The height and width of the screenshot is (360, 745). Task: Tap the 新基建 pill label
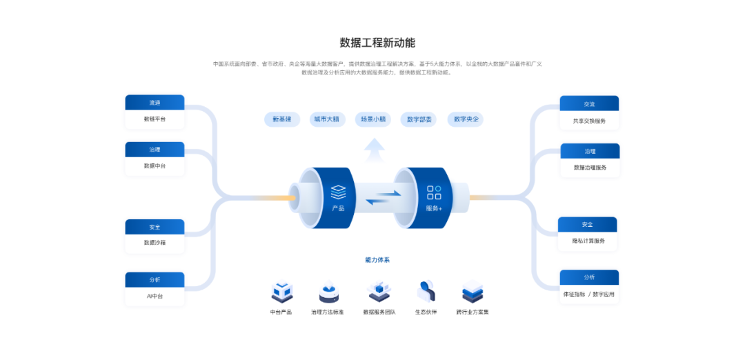[x=281, y=119]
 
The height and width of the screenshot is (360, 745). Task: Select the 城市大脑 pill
[x=327, y=119]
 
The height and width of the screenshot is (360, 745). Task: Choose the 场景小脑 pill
[x=373, y=119]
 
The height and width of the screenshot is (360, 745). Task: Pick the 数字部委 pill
[x=419, y=119]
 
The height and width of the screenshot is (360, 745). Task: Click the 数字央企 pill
[x=465, y=119]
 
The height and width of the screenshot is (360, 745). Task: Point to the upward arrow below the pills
[x=374, y=149]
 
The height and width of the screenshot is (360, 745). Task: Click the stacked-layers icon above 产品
[x=338, y=191]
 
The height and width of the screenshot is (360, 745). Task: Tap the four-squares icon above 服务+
[x=434, y=192]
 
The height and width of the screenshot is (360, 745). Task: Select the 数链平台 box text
[x=155, y=119]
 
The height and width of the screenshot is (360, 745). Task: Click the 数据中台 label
[x=155, y=166]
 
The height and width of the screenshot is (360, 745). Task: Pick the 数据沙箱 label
[x=155, y=243]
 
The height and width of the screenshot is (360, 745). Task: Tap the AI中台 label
[x=155, y=296]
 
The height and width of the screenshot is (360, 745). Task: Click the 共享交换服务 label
[x=589, y=121]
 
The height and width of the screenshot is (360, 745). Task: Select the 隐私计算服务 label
[x=588, y=241]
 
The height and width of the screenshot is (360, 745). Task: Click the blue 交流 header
[x=589, y=104]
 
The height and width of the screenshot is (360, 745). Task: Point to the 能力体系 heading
[x=377, y=260]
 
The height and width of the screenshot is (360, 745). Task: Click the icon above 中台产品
[x=281, y=292]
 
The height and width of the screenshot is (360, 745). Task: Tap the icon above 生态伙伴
[x=426, y=292]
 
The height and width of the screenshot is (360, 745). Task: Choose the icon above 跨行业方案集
[x=473, y=292]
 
